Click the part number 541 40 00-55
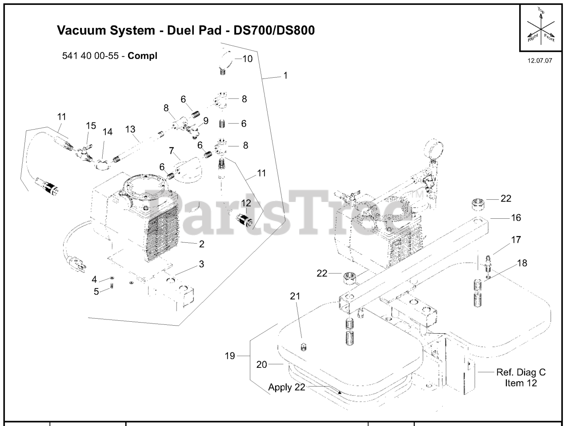(92, 56)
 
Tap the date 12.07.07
(540, 61)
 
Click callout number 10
(247, 58)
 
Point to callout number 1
(285, 75)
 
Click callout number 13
(130, 129)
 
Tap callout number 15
(91, 126)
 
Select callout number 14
(108, 132)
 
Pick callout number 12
(246, 203)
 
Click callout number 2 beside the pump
(201, 244)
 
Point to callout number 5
(96, 292)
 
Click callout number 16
(516, 217)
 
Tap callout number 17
(516, 240)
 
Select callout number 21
(295, 296)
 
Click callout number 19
(229, 356)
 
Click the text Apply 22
(287, 387)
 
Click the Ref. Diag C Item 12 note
(521, 378)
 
